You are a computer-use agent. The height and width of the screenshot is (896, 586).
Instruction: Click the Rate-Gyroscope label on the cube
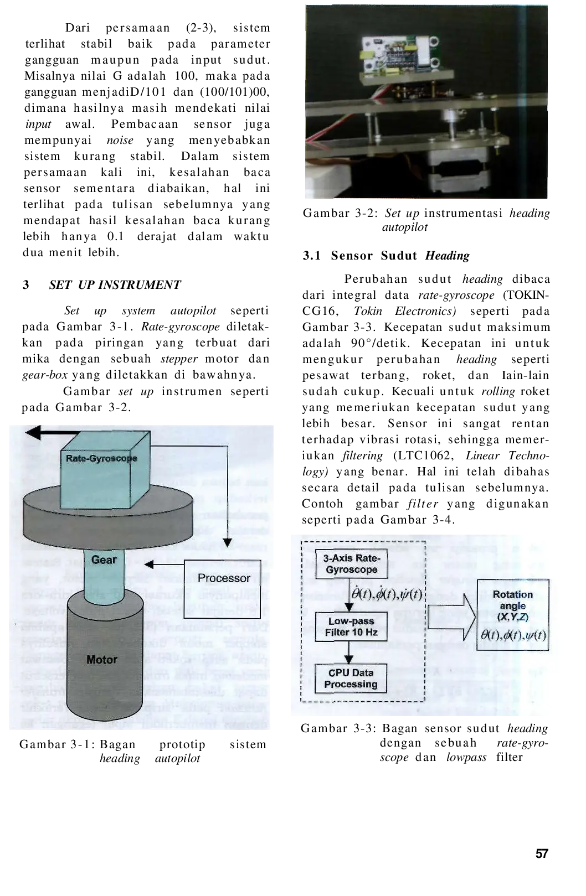pyautogui.click(x=101, y=458)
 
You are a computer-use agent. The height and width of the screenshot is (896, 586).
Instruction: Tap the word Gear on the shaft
pyautogui.click(x=104, y=560)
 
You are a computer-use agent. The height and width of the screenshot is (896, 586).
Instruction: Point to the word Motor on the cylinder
pyautogui.click(x=102, y=660)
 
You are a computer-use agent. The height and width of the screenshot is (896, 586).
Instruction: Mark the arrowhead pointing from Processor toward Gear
pyautogui.click(x=148, y=564)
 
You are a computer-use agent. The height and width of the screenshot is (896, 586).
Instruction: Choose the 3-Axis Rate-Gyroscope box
pyautogui.click(x=351, y=564)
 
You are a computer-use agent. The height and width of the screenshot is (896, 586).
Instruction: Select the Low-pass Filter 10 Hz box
pyautogui.click(x=351, y=626)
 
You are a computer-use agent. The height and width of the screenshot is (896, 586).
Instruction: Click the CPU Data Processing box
pyautogui.click(x=351, y=679)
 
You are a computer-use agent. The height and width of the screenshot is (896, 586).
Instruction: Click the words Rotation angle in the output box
pyautogui.click(x=512, y=600)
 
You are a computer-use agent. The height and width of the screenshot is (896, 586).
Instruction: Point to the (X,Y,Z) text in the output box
pyautogui.click(x=512, y=617)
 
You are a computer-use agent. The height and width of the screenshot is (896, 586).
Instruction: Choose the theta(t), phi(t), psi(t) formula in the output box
pyautogui.click(x=513, y=635)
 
